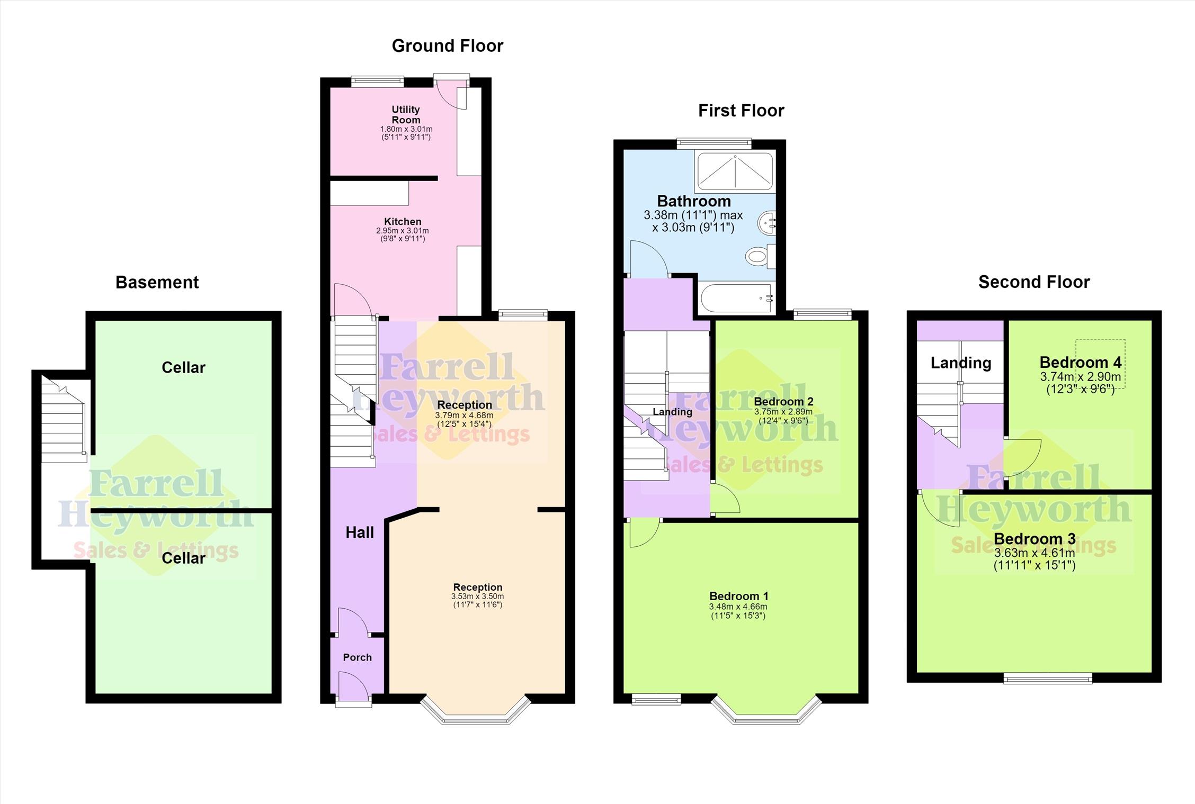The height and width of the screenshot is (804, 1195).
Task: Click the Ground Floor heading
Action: click(x=448, y=46)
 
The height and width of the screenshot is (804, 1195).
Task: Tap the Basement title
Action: click(x=157, y=283)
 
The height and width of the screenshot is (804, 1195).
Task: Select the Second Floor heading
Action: click(x=1034, y=282)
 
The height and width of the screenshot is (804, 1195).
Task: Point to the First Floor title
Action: click(x=741, y=111)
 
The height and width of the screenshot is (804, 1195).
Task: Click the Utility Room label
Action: click(x=406, y=114)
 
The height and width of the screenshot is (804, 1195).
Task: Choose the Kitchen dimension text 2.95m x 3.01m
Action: click(x=403, y=231)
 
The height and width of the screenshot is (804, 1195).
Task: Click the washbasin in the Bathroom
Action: click(x=767, y=223)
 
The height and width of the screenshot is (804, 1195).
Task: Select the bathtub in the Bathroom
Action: click(x=737, y=299)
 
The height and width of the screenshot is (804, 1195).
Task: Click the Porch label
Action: click(x=358, y=657)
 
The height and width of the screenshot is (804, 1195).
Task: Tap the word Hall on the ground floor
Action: click(x=360, y=532)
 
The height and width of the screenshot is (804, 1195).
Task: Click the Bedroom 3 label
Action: click(x=1035, y=539)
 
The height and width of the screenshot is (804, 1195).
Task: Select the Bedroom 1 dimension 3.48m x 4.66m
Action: click(x=738, y=607)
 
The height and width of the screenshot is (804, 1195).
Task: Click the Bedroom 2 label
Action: click(x=783, y=401)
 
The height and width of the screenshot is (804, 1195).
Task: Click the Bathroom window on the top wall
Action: click(x=714, y=142)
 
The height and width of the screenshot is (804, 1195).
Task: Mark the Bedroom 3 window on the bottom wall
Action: click(x=1048, y=678)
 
